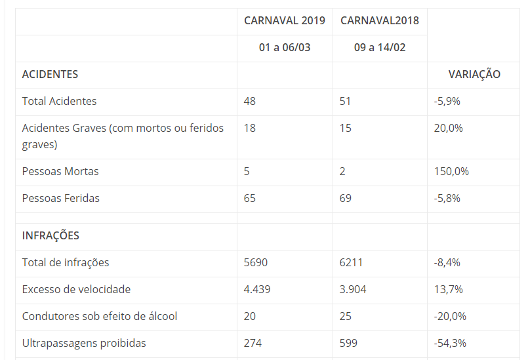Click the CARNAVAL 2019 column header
(x=284, y=20)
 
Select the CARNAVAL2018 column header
(x=379, y=20)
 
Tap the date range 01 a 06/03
(x=284, y=48)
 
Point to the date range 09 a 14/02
(x=379, y=48)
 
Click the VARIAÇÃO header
(x=474, y=74)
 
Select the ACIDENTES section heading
(x=50, y=74)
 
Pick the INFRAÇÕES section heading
(x=51, y=235)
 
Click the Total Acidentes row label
(x=59, y=101)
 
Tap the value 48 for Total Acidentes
(x=250, y=101)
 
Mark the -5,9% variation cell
(x=447, y=101)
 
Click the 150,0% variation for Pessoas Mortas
(x=451, y=171)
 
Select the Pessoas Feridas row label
(x=60, y=198)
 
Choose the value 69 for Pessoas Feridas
(x=346, y=198)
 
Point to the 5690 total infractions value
(x=256, y=262)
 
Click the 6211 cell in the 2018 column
(x=351, y=262)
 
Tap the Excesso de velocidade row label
(x=76, y=289)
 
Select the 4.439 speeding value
(x=257, y=289)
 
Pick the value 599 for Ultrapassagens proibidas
(x=349, y=343)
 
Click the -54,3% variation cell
(x=450, y=343)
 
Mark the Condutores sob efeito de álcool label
(x=100, y=316)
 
